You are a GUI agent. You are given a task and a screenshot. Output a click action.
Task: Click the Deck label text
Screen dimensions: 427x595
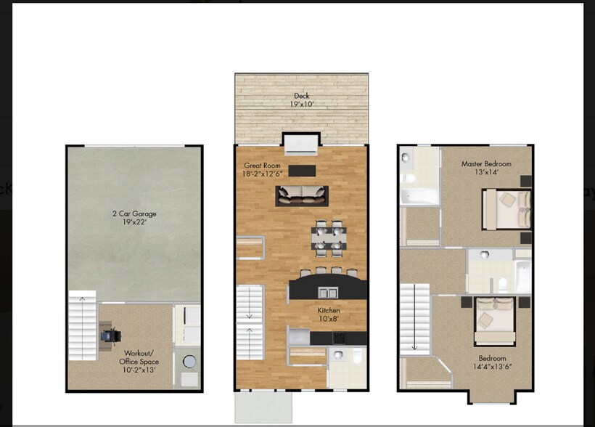tap(300, 96)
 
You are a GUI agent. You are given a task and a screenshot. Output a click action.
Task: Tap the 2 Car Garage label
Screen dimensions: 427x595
tap(134, 214)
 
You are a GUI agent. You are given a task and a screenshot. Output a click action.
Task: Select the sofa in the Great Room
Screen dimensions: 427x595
tap(301, 195)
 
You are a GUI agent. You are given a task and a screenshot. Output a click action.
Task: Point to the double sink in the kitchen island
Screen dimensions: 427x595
tap(328, 292)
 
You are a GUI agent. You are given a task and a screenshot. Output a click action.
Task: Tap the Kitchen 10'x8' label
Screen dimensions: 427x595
tap(329, 314)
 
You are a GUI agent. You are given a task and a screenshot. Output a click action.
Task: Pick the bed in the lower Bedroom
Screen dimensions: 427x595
tap(495, 320)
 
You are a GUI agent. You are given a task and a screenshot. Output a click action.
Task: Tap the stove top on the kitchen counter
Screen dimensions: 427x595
tap(340, 338)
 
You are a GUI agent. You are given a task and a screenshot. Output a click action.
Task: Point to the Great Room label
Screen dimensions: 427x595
tap(261, 166)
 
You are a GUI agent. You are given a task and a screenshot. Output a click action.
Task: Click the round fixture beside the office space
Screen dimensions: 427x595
tap(189, 361)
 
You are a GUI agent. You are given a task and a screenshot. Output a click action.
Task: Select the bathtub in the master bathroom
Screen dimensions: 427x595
tap(419, 196)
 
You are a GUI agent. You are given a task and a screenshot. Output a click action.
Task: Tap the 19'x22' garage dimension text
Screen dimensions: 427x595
tap(134, 223)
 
